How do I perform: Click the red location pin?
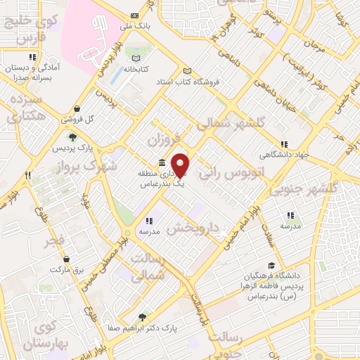click(x=181, y=165)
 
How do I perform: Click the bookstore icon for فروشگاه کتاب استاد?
click(x=186, y=70)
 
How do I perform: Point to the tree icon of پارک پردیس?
click(x=72, y=137)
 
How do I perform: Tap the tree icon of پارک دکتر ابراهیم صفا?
click(x=143, y=317)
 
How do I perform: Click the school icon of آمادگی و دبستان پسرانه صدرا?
click(x=32, y=58)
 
